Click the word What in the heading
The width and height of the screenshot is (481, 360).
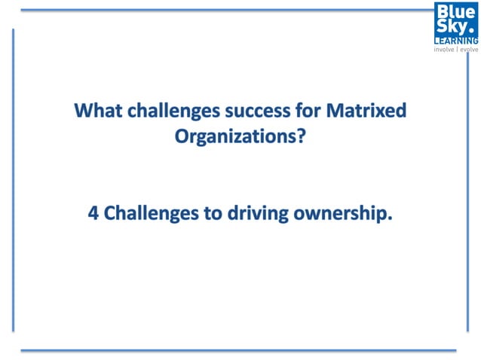(x=96, y=111)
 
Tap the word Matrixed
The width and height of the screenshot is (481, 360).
(x=367, y=111)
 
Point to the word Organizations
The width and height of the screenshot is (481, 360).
(x=231, y=139)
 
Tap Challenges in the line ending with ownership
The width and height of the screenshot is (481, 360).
(x=150, y=214)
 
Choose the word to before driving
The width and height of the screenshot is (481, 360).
(x=213, y=214)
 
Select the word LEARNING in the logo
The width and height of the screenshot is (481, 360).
(x=455, y=40)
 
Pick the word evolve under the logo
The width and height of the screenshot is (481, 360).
(x=469, y=50)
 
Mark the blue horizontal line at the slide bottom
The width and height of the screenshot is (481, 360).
(x=238, y=349)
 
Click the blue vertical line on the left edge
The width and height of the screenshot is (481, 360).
(x=13, y=181)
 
